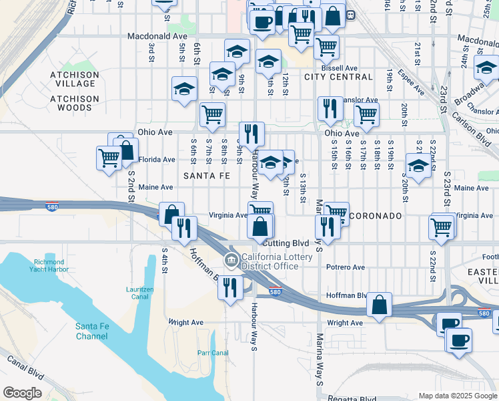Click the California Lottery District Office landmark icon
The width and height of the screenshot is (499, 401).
(231, 259)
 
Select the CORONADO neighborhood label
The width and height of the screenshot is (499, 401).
(376, 216)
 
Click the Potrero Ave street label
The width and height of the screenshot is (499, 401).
(346, 267)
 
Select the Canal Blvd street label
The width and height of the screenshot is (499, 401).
(26, 367)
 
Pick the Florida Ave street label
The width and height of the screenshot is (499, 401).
(157, 160)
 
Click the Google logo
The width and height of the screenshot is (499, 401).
(23, 392)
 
